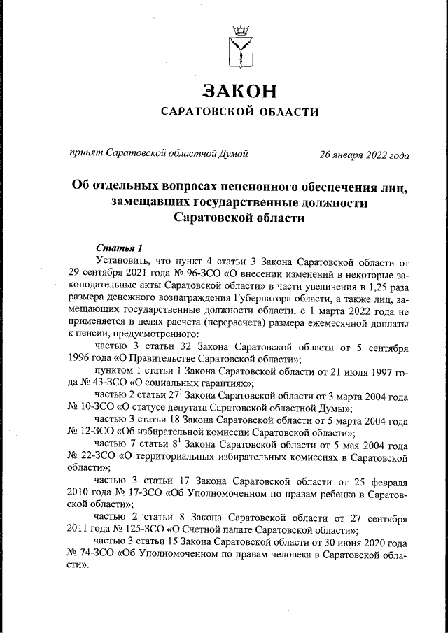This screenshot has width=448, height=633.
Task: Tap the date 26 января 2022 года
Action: [364, 154]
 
